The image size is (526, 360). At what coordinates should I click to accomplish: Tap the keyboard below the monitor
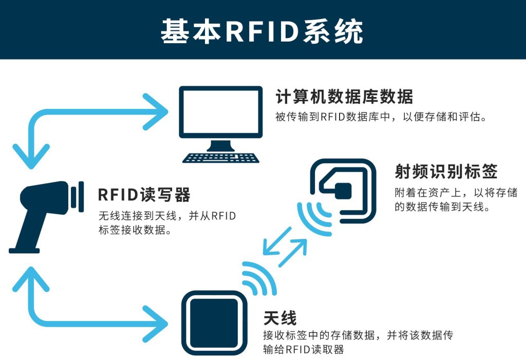point(220,158)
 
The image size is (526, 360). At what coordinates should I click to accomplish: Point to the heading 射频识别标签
point(446,172)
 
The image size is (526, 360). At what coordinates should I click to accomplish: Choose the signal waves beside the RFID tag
point(313,216)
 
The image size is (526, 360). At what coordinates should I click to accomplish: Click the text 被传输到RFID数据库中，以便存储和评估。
point(381,117)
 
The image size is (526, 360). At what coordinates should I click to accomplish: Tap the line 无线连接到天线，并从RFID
point(167,216)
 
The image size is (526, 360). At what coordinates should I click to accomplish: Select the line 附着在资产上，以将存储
point(456,193)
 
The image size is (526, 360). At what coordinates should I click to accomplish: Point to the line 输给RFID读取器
point(303,350)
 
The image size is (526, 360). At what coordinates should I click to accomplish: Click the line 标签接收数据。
point(135,230)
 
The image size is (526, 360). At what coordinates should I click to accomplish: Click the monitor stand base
point(220,146)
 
